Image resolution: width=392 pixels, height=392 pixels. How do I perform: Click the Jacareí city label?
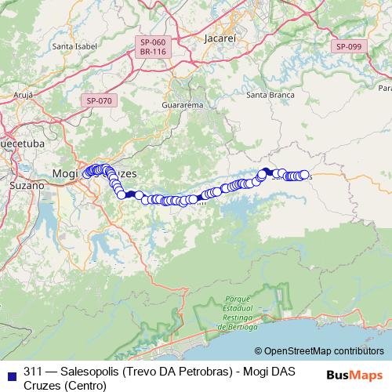(219, 37)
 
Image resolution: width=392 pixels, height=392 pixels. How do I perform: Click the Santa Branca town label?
(270, 95)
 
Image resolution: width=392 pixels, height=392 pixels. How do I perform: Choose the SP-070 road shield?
(100, 100)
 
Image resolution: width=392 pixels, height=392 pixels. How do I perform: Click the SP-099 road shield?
(349, 47)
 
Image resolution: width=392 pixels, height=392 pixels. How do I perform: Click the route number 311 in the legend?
(34, 371)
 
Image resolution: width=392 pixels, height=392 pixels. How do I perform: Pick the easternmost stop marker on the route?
(304, 175)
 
